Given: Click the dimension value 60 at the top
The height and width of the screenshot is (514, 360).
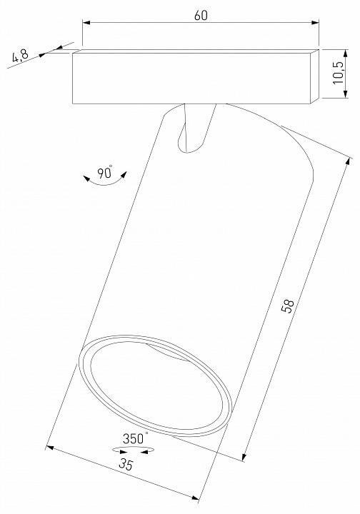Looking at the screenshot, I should coord(201,16).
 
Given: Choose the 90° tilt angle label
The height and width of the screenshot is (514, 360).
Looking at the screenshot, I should coord(105,172).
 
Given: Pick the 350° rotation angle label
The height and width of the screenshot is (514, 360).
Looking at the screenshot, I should coord(134,439).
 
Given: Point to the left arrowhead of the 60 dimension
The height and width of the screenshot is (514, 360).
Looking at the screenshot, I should coord(86,24).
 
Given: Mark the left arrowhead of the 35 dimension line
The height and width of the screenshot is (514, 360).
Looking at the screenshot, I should coord(50,448).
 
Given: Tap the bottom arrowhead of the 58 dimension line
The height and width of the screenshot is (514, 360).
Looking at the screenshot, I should coord(245,455).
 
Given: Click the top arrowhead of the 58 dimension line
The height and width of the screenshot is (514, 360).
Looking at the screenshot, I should coord(343,161).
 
